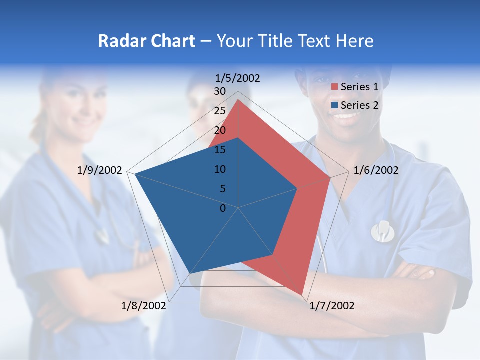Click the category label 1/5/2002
coord(238,78)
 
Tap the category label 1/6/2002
coord(376,170)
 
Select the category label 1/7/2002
coord(332,306)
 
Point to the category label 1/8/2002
coord(144,306)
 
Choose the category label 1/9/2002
coord(100,170)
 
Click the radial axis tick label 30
coord(220,91)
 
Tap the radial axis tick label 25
coord(220,111)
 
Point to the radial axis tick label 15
coord(220,150)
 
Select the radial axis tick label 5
coord(222,189)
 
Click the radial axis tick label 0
coord(223,208)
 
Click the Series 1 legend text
coord(359,87)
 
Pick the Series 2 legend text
coord(359,105)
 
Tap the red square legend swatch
coord(335,87)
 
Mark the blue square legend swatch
coord(335,105)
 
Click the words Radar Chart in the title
coord(146,41)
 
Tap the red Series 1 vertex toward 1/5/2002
coord(238,100)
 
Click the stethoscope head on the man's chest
coord(383,230)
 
